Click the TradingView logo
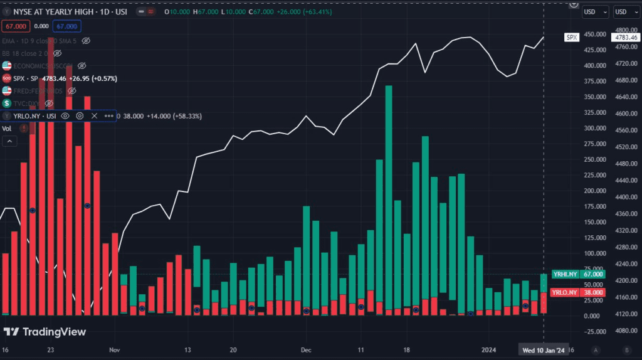(x=45, y=332)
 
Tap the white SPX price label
(x=571, y=38)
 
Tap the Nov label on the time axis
(x=113, y=349)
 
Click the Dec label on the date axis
(x=306, y=349)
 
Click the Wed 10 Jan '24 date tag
(x=542, y=349)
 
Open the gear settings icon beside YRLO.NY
(x=80, y=116)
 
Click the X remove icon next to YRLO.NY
(x=95, y=116)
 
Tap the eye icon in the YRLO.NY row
(x=65, y=116)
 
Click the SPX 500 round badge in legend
(x=7, y=78)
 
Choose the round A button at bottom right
(x=596, y=349)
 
